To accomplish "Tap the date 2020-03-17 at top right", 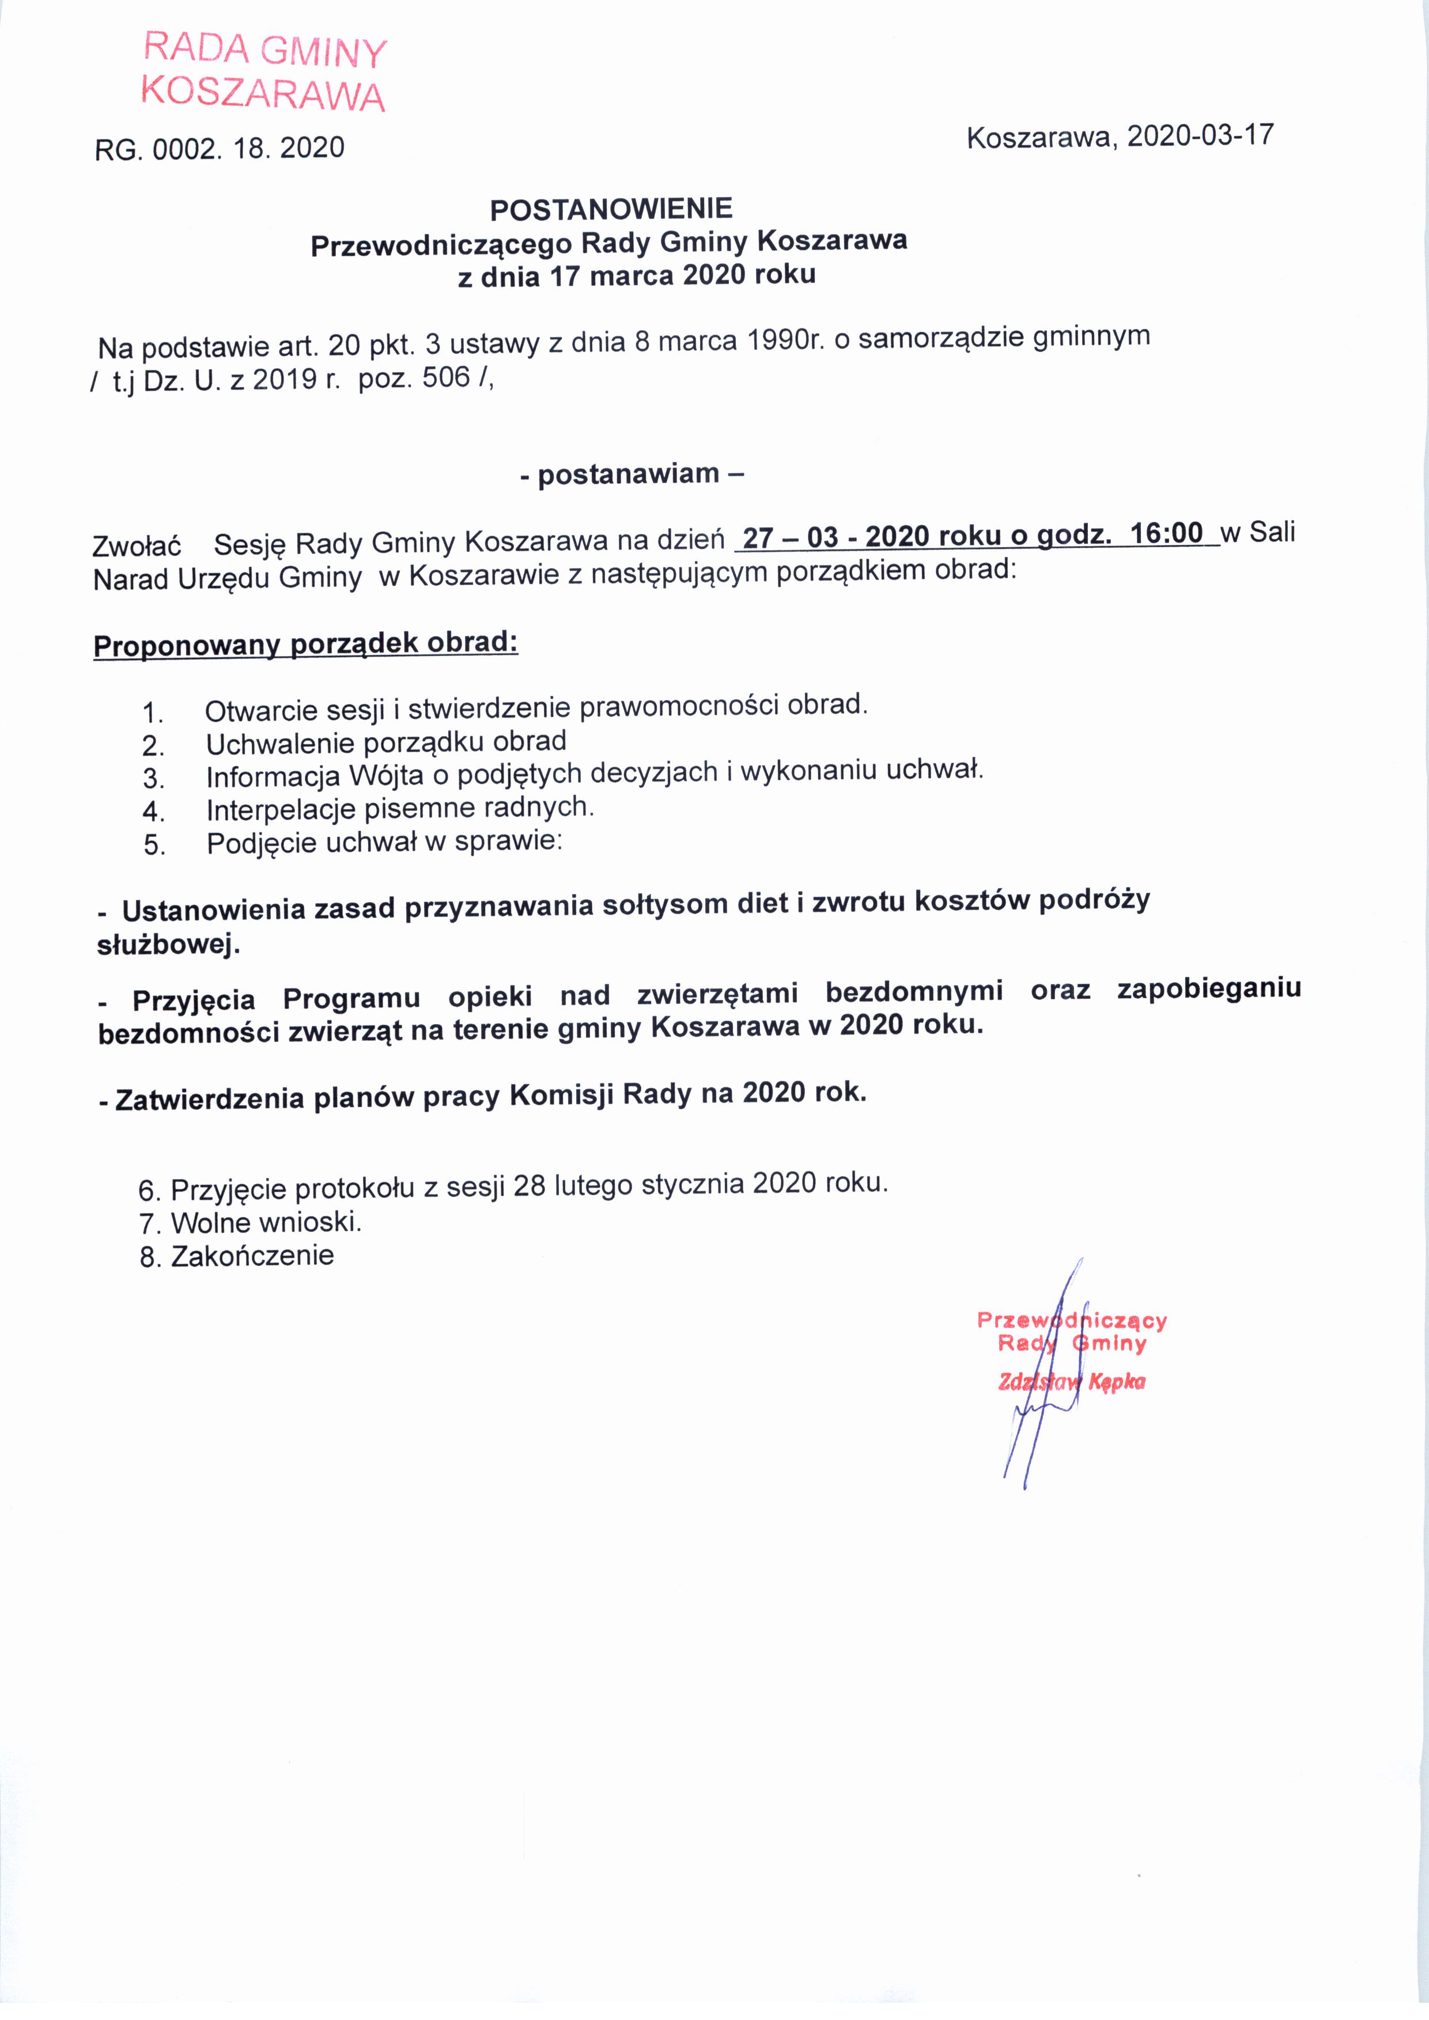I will click(x=1200, y=135).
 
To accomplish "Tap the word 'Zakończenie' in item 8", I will click(x=252, y=1256).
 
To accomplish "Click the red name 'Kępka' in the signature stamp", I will click(x=1117, y=1382).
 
